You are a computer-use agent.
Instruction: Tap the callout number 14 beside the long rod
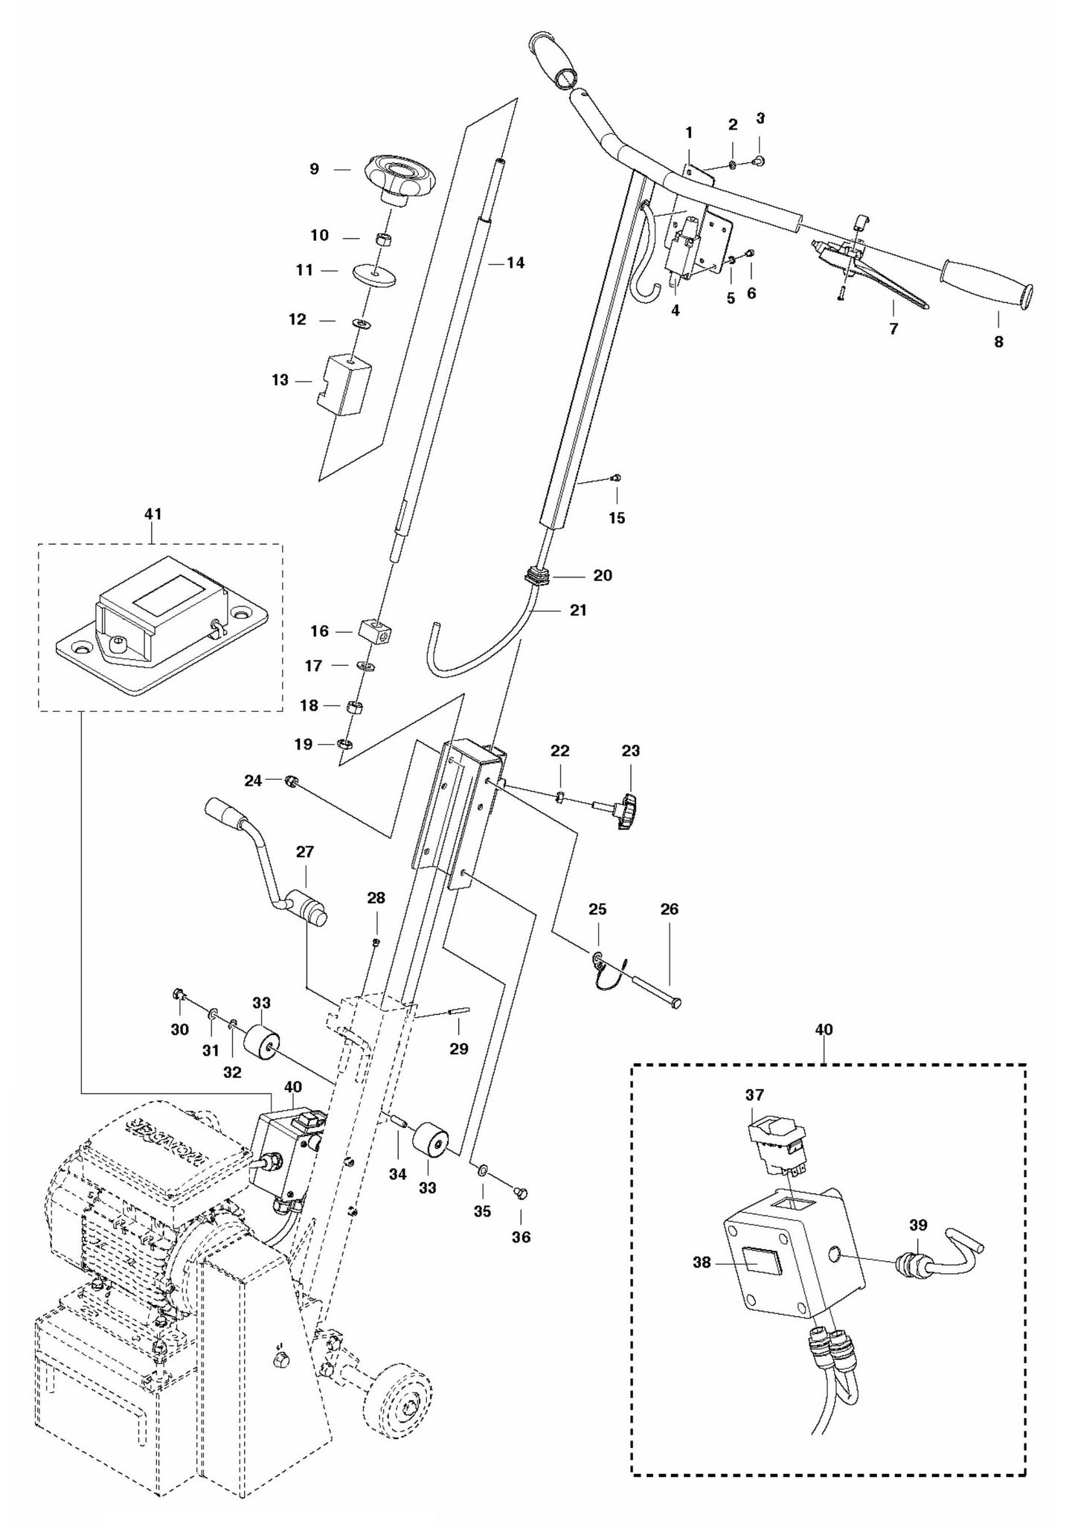515,263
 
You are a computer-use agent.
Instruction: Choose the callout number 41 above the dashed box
153,514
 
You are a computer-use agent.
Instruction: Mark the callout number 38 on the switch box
702,1263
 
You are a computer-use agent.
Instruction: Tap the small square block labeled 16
376,632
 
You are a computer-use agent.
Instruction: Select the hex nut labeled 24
292,780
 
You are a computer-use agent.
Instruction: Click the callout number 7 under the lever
893,328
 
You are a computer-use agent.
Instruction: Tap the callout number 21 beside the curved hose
577,610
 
